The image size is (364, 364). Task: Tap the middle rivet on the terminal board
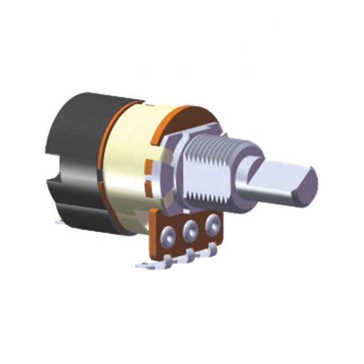190,229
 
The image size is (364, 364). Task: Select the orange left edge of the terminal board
153,228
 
